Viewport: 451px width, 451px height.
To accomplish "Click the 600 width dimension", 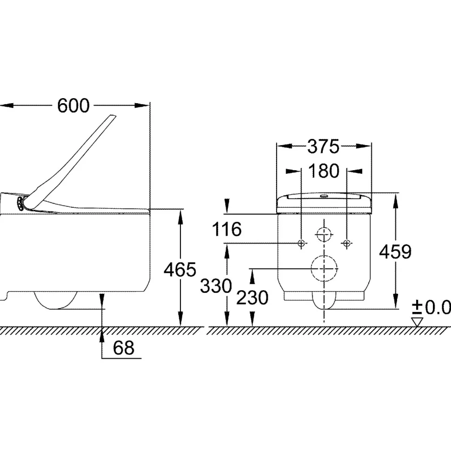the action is pos(73,106).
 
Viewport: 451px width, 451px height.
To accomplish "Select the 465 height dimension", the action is pos(180,270).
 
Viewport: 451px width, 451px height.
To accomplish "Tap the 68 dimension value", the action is pos(124,348).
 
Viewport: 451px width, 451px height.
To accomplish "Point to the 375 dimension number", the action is pos(324,146).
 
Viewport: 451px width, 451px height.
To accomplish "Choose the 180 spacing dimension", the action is pos(324,171).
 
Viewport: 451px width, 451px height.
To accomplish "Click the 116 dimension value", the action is pos(226,229).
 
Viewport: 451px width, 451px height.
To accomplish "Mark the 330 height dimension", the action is pos(216,286).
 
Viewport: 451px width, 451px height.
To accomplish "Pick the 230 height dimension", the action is pos(252,298).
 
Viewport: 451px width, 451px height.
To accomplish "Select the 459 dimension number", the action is pos(395,252).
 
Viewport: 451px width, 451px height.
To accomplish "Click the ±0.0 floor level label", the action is pos(431,307).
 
